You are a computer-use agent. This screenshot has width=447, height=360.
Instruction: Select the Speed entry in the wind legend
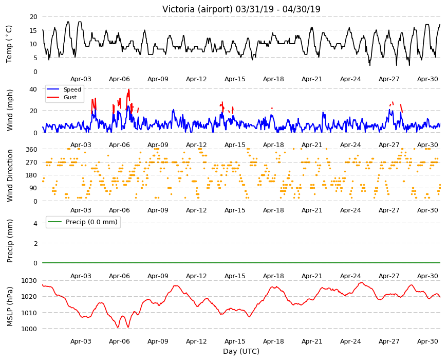[x=72, y=89]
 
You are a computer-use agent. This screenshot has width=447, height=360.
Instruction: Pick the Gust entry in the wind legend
[x=70, y=97]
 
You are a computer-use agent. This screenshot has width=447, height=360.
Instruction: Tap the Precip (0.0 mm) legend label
[x=91, y=222]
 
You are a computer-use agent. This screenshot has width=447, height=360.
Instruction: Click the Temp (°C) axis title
[x=9, y=44]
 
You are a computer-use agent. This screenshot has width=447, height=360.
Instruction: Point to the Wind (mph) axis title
[x=10, y=110]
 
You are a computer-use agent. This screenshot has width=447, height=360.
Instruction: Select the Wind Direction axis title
[x=10, y=175]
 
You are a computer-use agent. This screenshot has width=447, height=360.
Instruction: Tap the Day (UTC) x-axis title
[x=241, y=351]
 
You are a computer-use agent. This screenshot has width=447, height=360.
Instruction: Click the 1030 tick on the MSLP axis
[x=29, y=281]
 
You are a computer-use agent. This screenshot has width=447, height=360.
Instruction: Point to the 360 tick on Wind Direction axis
[x=31, y=149]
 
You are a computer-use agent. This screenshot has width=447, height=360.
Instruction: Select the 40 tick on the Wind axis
[x=33, y=89]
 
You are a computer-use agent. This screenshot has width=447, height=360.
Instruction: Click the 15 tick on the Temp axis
[x=33, y=30]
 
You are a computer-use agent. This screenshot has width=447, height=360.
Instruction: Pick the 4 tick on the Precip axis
[x=35, y=223]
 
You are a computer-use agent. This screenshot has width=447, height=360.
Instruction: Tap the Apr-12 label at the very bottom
[x=196, y=341]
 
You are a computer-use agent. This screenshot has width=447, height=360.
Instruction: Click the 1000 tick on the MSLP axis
[x=29, y=329]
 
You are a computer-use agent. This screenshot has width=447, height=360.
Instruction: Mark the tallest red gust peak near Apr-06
[x=128, y=90]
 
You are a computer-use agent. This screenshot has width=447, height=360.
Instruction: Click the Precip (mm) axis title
[x=10, y=241]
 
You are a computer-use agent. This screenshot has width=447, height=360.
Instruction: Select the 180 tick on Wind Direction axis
[x=31, y=175]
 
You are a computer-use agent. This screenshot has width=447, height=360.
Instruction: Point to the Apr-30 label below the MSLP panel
[x=427, y=341]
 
